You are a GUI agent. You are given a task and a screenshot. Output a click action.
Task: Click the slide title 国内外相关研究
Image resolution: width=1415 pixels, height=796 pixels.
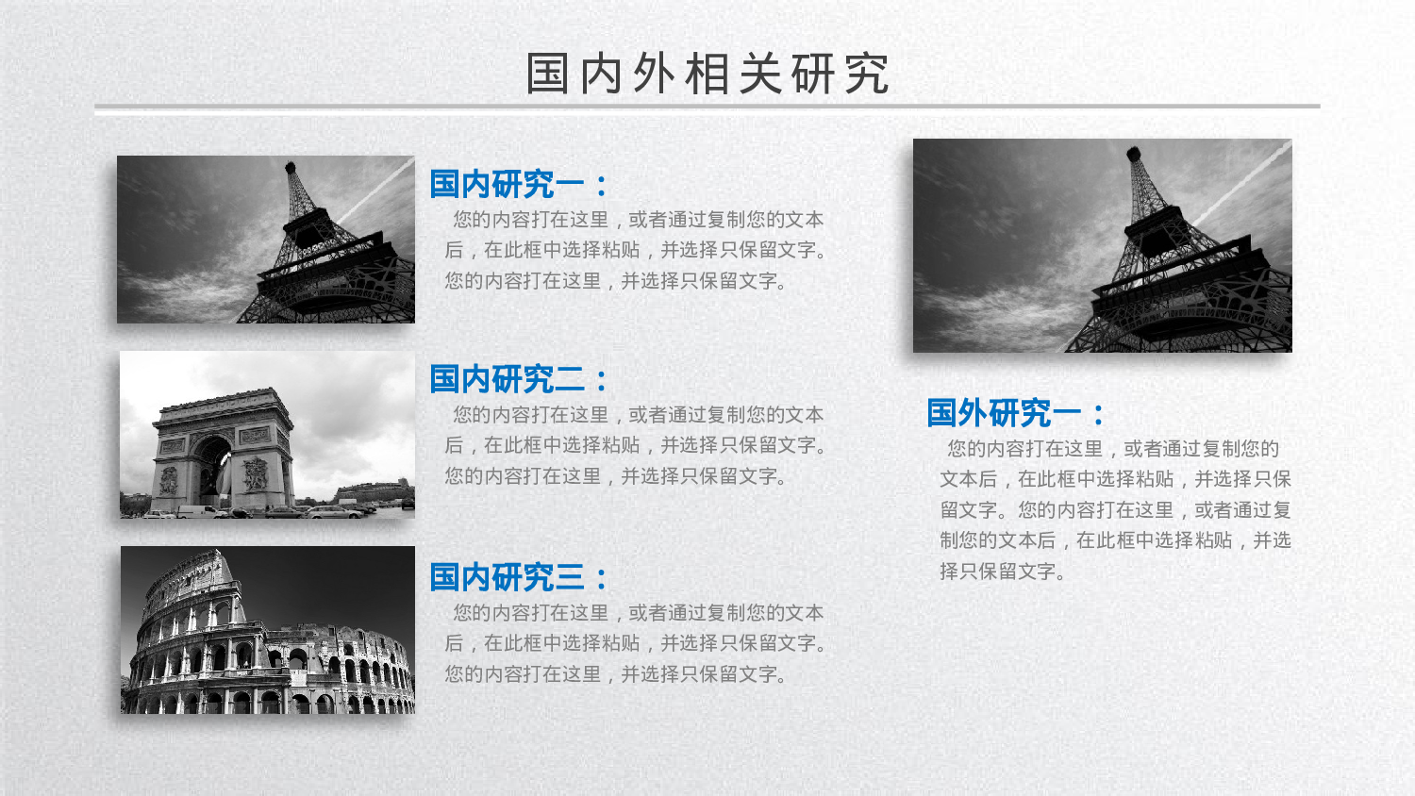707,74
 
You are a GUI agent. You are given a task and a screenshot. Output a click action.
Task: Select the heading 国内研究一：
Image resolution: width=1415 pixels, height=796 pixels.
519,184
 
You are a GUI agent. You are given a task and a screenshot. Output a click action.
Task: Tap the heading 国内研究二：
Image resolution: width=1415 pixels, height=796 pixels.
519,379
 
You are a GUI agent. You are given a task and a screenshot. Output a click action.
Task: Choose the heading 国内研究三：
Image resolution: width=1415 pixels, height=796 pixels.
519,577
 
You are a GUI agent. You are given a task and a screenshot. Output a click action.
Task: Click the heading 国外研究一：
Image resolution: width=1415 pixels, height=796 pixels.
1016,413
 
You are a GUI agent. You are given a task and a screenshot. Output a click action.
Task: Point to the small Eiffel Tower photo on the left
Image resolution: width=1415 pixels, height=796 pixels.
265,240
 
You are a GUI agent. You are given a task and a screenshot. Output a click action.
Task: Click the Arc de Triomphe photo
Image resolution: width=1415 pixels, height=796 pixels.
267,435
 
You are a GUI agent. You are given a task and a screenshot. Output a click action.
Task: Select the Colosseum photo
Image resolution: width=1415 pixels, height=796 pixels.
267,630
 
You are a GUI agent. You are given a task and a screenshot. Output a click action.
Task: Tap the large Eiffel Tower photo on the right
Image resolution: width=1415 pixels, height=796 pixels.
1102,246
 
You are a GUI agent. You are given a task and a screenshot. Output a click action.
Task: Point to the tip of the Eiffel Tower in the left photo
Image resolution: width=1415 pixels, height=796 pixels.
291,167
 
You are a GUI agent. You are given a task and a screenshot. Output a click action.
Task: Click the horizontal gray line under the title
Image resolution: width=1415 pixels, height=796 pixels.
707,107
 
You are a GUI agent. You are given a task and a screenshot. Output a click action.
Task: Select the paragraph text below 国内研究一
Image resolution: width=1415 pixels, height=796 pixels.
634,250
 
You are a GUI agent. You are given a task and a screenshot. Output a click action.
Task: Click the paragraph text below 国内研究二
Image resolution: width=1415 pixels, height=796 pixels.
634,445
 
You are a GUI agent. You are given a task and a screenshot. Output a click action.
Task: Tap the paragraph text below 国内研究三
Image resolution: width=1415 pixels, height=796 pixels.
634,643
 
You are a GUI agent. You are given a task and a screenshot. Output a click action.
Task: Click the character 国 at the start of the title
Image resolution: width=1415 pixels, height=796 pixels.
547,74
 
